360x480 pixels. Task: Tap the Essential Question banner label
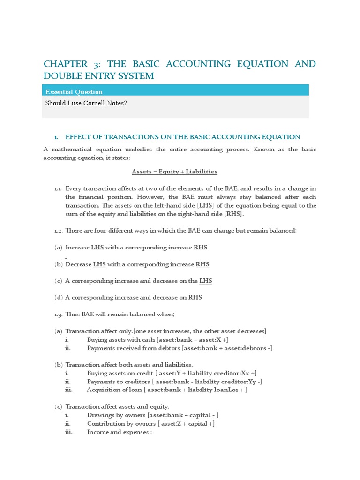pos(74,92)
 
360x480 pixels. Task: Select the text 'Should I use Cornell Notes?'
pos(86,103)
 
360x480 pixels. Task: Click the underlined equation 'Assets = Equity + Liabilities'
pos(174,172)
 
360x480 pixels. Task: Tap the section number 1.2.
pos(58,230)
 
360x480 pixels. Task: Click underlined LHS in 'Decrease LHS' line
pos(99,264)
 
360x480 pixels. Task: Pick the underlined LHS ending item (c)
pos(205,281)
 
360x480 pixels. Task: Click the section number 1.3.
pos(58,314)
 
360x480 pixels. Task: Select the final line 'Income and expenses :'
pos(120,432)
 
